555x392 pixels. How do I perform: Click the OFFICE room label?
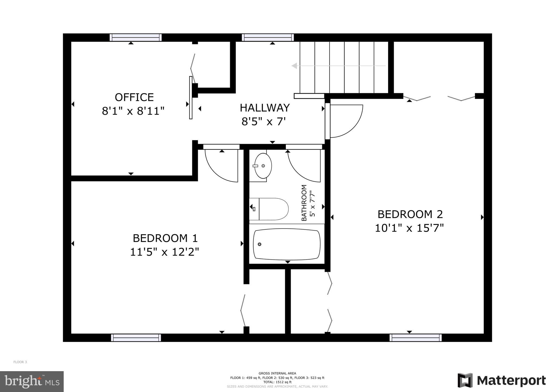pos(134,97)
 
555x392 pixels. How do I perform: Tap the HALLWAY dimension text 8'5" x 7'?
pos(264,122)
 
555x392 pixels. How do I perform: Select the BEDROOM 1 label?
pos(165,238)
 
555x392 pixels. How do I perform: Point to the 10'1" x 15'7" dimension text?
pos(409,228)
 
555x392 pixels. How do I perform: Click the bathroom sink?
pos(263,166)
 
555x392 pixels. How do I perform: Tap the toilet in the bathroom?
pos(271,209)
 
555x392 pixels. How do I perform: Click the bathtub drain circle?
pos(259,244)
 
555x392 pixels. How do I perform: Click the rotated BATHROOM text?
pos(304,203)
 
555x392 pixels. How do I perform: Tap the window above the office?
pos(135,38)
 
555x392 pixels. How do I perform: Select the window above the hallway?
pos(268,38)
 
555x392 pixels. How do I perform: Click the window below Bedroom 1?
pos(136,338)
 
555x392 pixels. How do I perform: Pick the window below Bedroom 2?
pos(415,338)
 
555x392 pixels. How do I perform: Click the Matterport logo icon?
pos(465,380)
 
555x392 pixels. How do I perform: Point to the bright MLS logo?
pos(32,381)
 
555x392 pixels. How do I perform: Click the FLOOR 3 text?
pos(20,362)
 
